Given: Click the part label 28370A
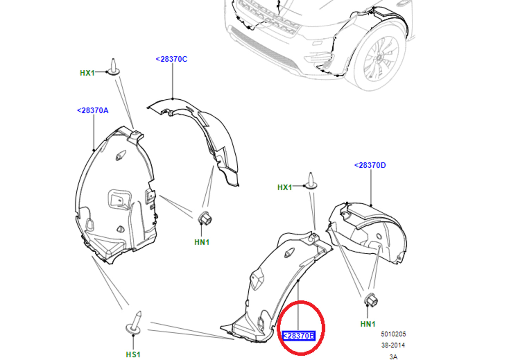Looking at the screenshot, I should click(93, 111).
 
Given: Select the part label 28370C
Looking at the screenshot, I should click(172, 59).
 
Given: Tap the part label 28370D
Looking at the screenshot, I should click(370, 165).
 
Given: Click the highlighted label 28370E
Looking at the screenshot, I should click(299, 336).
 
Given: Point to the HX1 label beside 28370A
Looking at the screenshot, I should click(87, 73).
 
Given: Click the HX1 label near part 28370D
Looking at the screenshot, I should click(285, 187).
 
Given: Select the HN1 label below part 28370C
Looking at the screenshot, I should click(202, 242).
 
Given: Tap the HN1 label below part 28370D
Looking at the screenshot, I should click(368, 324).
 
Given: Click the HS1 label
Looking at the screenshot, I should click(133, 354).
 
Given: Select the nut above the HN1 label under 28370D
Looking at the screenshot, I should click(371, 300).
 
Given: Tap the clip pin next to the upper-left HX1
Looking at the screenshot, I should click(113, 67).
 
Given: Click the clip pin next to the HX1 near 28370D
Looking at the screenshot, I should click(311, 181).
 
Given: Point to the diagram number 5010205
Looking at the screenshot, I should click(393, 334).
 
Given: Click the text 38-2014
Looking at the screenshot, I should click(393, 345).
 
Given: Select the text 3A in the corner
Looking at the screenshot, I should click(393, 356).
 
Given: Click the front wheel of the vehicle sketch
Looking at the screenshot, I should click(379, 58).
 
